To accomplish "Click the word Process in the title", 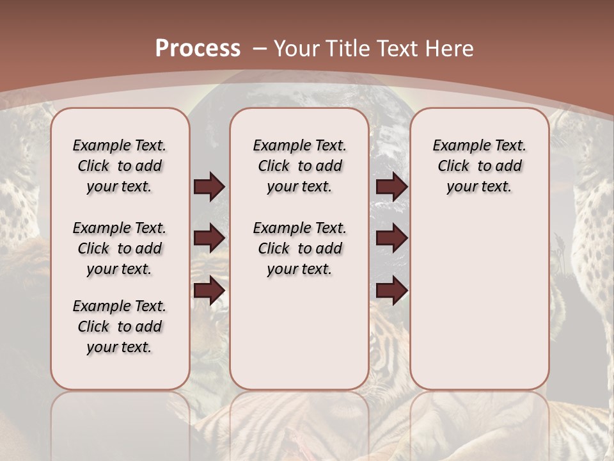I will coord(198,48).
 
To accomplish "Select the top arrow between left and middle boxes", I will coord(209,187).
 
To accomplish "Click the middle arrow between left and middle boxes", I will coord(209,238).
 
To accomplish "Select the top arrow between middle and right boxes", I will coord(391,187).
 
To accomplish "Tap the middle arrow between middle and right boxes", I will coord(391,238).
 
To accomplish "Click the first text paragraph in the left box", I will coord(120,166).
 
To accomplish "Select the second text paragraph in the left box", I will coord(120,248).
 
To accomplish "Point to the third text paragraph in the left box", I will coord(120,327).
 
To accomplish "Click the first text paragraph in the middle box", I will coord(299,166).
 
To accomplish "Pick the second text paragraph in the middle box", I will coord(299,248).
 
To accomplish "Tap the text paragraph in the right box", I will coord(480,166).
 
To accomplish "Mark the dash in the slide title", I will coord(260,48).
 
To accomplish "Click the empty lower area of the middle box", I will coord(299,333).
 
